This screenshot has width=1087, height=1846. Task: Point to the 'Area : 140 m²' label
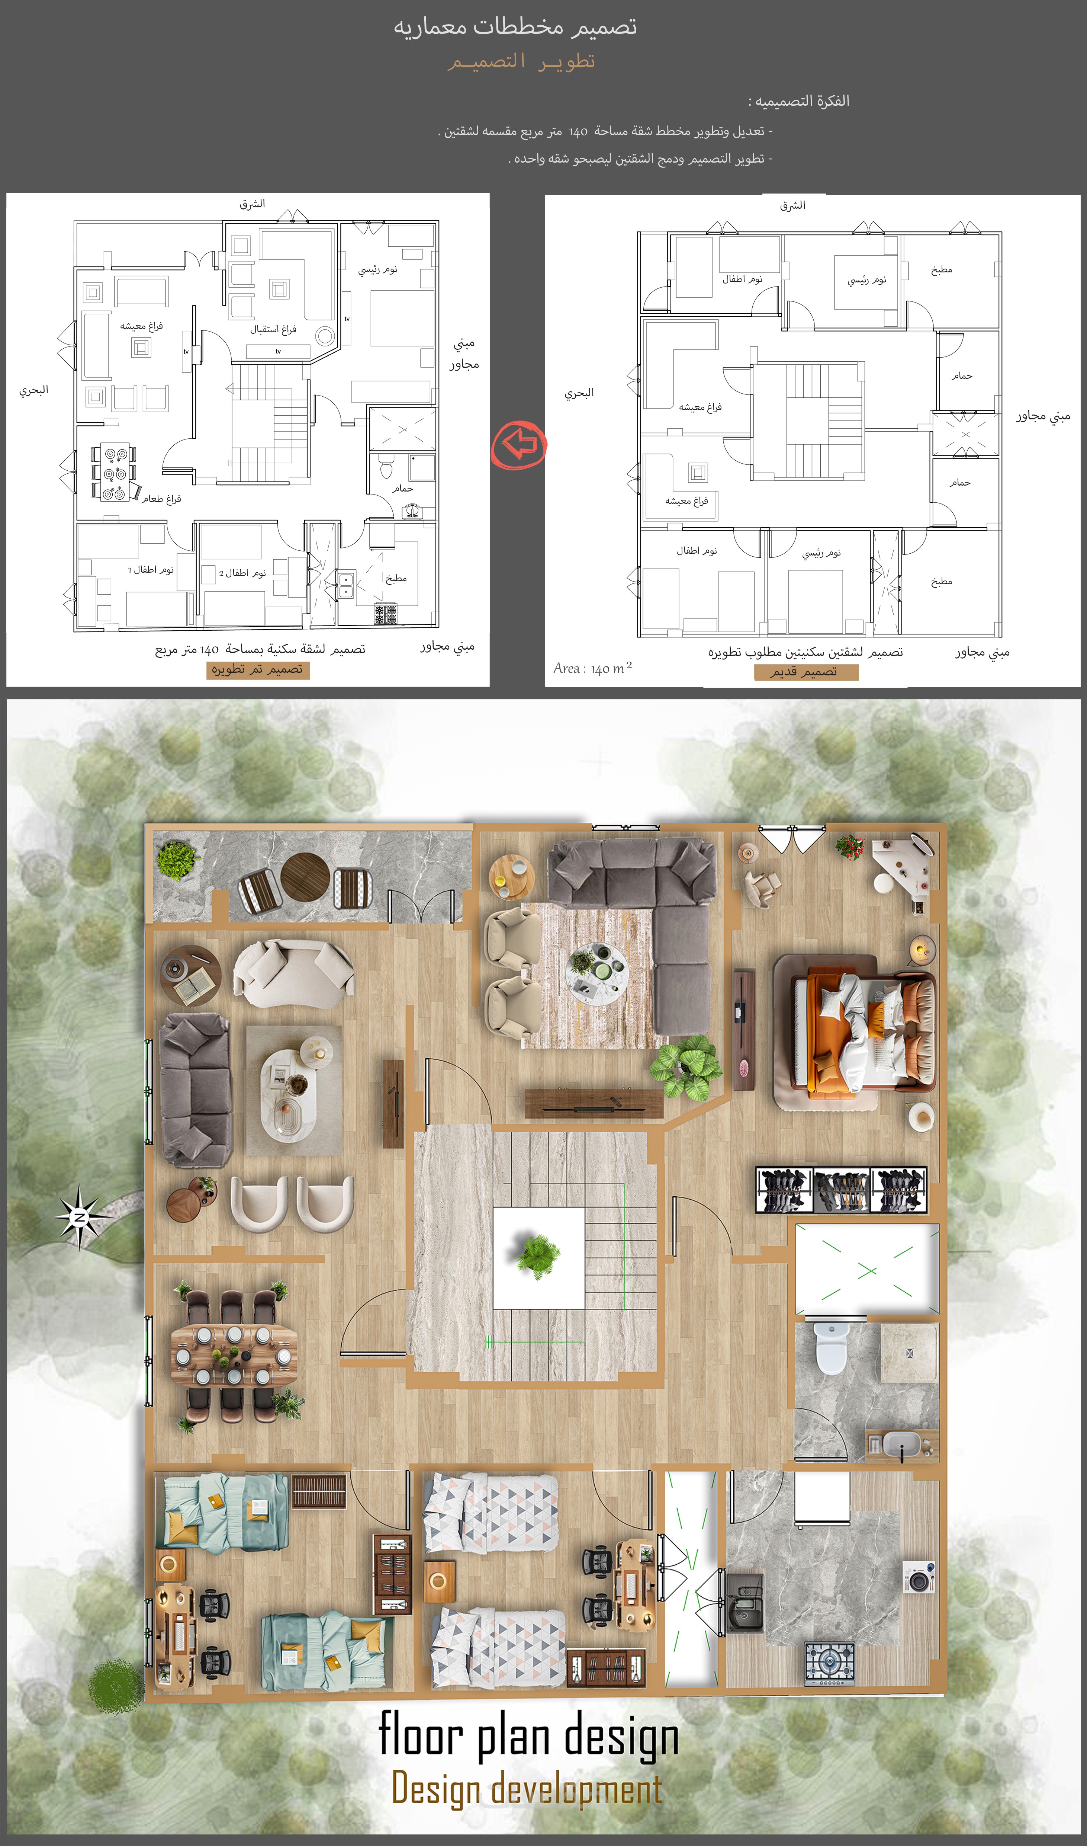[x=592, y=668]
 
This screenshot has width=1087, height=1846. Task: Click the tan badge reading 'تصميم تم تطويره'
[x=258, y=670]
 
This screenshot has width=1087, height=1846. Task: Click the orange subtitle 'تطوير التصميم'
[x=521, y=61]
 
